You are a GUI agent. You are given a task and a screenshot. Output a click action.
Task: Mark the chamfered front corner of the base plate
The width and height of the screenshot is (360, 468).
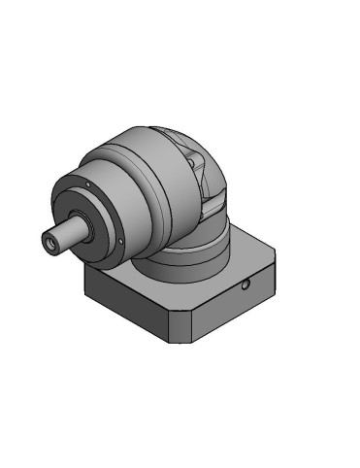(184, 330)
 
